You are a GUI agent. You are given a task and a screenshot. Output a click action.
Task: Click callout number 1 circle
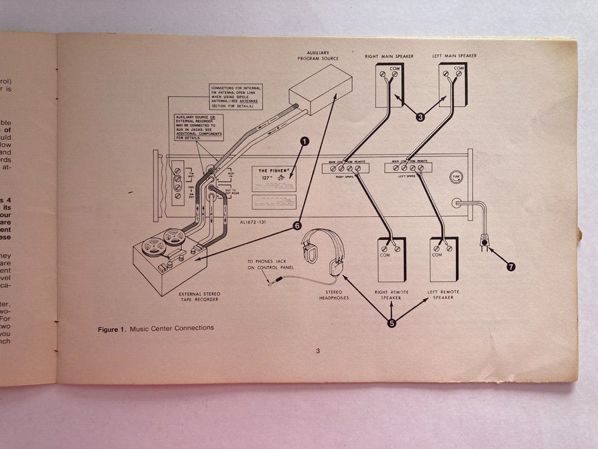[304, 142]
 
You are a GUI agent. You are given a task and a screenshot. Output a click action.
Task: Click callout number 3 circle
[420, 117]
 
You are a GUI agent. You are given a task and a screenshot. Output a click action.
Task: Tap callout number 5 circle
[392, 323]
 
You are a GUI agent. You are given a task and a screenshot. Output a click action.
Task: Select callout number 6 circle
[297, 226]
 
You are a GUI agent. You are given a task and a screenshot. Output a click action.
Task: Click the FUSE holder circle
[456, 177]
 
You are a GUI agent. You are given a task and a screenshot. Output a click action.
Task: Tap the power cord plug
[483, 243]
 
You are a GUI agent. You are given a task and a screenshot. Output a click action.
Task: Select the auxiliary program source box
[320, 90]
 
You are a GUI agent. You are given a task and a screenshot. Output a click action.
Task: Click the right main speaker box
[389, 84]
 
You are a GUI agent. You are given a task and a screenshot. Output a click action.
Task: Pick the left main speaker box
[452, 84]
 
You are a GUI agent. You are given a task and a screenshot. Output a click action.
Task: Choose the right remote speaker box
[392, 259]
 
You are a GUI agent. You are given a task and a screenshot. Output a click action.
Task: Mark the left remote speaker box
[444, 259]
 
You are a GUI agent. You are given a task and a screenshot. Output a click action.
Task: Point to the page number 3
[318, 351]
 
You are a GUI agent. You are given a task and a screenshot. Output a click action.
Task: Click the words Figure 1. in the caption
[112, 328]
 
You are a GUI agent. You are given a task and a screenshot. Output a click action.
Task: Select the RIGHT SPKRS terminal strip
[346, 169]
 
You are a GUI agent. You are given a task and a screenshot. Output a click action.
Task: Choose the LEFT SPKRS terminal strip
[408, 168]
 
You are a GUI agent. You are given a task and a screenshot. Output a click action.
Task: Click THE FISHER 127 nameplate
[274, 178]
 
